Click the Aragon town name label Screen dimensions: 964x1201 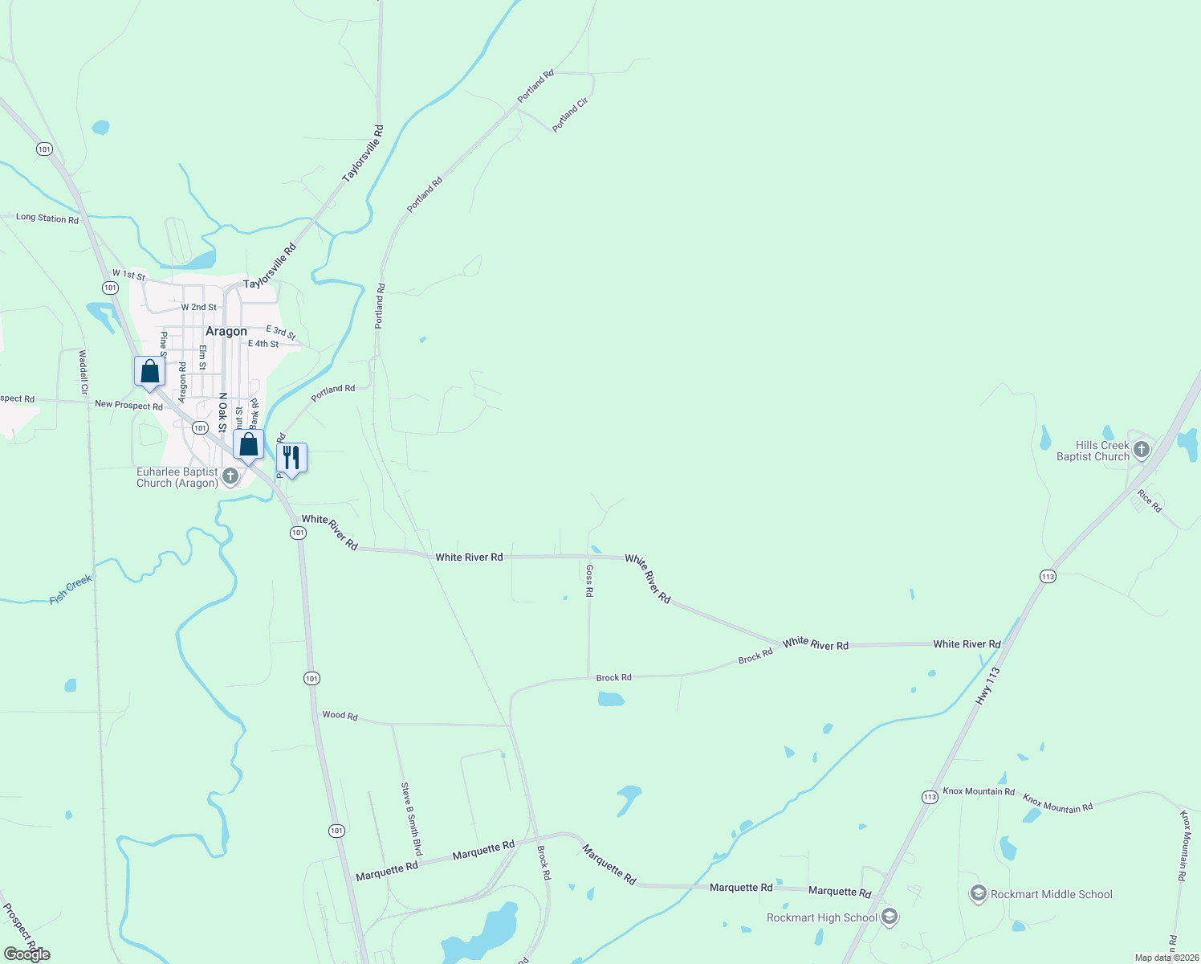pyautogui.click(x=226, y=331)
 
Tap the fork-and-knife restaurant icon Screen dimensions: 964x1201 pyautogui.click(x=291, y=459)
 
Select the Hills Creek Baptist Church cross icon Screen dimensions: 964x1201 pyautogui.click(x=1142, y=450)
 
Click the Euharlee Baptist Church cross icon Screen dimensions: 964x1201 pyautogui.click(x=230, y=476)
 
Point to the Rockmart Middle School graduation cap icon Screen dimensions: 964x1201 pyautogui.click(x=978, y=893)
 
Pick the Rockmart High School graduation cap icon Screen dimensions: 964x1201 pyautogui.click(x=889, y=917)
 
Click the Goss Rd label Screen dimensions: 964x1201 pyautogui.click(x=589, y=580)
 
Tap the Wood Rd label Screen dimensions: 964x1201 pyautogui.click(x=340, y=715)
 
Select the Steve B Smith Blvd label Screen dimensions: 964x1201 pyautogui.click(x=411, y=819)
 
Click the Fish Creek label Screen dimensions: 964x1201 pyautogui.click(x=71, y=589)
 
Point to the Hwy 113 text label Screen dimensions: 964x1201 pyautogui.click(x=988, y=686)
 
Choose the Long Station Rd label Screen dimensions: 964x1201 pyautogui.click(x=47, y=218)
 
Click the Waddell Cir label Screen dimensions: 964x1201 pyautogui.click(x=83, y=372)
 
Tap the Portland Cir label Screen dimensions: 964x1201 pyautogui.click(x=570, y=114)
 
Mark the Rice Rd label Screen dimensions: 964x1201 pyautogui.click(x=1150, y=501)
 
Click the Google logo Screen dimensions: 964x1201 pyautogui.click(x=27, y=954)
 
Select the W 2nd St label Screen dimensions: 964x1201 pyautogui.click(x=198, y=307)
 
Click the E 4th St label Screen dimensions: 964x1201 pyautogui.click(x=263, y=344)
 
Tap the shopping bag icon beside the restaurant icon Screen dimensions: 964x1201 pyautogui.click(x=249, y=444)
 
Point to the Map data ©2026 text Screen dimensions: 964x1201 pyautogui.click(x=1166, y=958)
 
